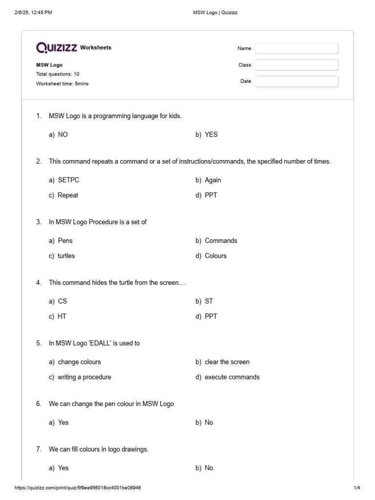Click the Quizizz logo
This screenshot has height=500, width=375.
point(57,47)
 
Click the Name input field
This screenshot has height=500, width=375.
point(296,48)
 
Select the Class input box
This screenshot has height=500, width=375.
point(296,65)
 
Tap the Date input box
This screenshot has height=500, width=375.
point(296,82)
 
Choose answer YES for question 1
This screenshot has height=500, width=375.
point(211,134)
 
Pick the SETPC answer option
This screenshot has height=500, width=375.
point(68,180)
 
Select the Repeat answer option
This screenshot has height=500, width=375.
point(68,195)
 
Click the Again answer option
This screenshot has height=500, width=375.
point(213,180)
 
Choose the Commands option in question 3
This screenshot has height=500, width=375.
point(221,240)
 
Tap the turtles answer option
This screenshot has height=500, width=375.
point(66,255)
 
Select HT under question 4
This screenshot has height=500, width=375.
point(62,316)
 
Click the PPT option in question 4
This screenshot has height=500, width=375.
point(211,316)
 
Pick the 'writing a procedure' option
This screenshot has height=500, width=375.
point(84,377)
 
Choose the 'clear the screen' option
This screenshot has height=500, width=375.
point(227,362)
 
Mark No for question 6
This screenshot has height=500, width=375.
point(209,422)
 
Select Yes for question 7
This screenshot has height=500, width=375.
point(63,468)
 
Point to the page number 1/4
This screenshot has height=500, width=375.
point(356,488)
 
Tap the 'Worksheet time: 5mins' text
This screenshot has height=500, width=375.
point(62,83)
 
